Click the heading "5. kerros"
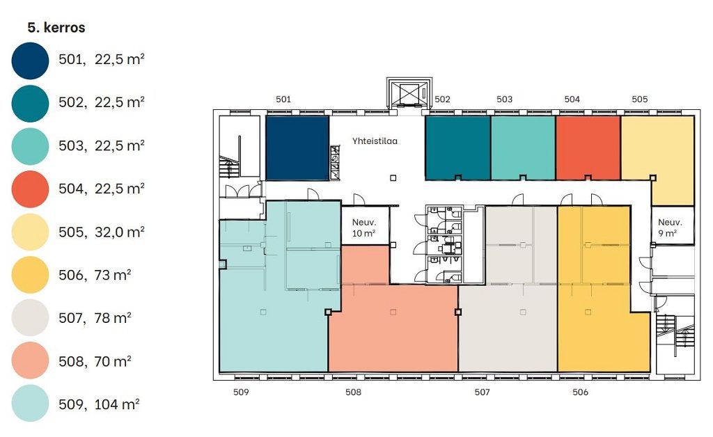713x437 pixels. [56, 28]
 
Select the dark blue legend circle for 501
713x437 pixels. [30, 61]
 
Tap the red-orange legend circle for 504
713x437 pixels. [30, 189]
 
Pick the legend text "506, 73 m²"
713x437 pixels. [95, 275]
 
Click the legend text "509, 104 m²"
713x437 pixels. [99, 404]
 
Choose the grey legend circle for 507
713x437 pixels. [30, 318]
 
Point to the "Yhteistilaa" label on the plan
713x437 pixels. [375, 141]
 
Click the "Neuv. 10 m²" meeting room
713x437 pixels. [365, 225]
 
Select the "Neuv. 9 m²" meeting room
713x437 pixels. [672, 225]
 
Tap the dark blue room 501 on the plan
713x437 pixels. [297, 148]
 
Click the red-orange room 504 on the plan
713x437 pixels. [588, 148]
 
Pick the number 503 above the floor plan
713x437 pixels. [504, 99]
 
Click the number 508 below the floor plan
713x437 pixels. [353, 392]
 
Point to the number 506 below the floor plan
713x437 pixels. [580, 392]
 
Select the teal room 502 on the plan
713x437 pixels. [458, 148]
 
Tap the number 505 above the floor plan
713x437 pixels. [639, 99]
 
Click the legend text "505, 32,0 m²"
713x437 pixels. [102, 232]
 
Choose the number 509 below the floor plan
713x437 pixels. [241, 392]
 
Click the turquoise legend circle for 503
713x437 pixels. [30, 146]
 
